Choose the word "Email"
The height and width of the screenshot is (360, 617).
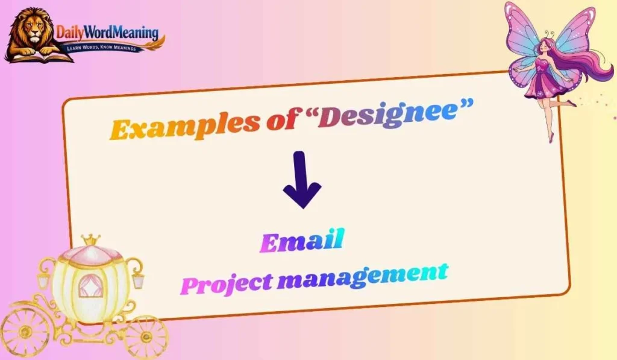pyautogui.click(x=301, y=242)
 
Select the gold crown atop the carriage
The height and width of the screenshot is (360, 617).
pyautogui.click(x=91, y=239)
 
